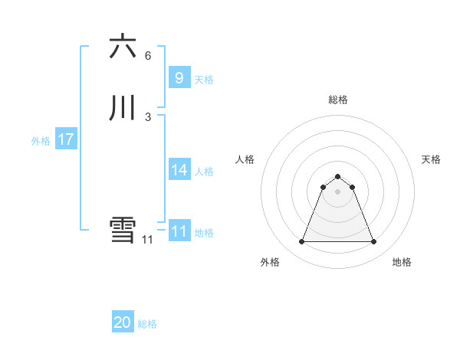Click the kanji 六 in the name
pos(123,47)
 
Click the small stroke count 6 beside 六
pos(148,56)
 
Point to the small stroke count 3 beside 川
pos(148,117)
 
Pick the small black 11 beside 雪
pos(148,240)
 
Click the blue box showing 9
pos(179,78)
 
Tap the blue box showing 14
pos(179,170)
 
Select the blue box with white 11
pos(179,231)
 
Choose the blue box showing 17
pos(65,139)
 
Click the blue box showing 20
pos(123,323)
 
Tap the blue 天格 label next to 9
pos(204,80)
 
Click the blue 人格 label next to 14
pos(204,172)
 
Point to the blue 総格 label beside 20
pos(147,325)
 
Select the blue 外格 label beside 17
pos(41,141)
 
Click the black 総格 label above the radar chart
pos(337,100)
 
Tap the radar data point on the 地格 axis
pos(374,242)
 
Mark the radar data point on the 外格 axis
pos(301,242)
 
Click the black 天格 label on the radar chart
pos(431,159)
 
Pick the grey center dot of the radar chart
pos(337,191)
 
